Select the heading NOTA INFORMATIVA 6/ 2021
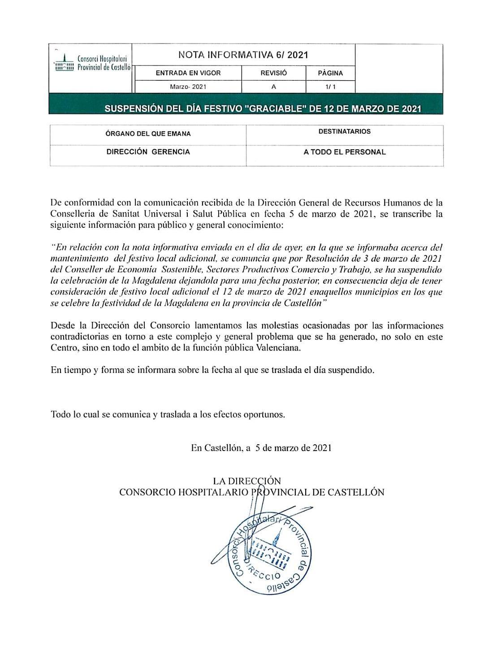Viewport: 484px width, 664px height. pos(243,55)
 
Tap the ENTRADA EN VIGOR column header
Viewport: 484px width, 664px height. pos(188,73)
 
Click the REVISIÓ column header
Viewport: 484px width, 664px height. pos(273,73)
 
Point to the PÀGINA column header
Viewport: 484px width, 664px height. pos(330,73)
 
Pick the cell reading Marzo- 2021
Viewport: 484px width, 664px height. pos(188,87)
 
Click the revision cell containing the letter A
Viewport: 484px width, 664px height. pos(273,87)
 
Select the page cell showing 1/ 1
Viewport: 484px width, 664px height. pos(330,87)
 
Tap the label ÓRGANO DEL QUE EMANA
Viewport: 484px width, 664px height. pos(148,134)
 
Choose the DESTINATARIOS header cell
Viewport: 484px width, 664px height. pos(345,132)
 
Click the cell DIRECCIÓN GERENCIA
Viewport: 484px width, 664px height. pos(148,152)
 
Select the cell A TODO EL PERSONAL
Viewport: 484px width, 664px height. pos(345,152)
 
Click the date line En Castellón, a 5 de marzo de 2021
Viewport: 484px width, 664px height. pos(261,447)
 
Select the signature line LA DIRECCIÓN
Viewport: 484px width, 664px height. pos(247,481)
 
